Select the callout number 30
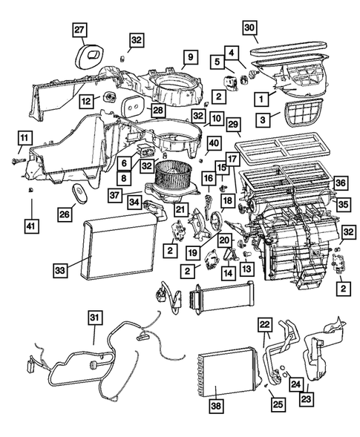point(250,29)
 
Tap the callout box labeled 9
point(189,56)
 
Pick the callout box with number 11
point(24,137)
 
